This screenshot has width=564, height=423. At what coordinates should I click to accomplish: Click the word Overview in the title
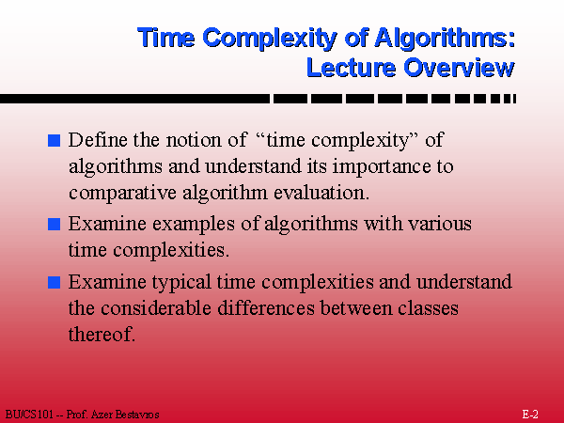click(460, 68)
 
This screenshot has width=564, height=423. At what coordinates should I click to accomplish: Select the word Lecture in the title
click(351, 68)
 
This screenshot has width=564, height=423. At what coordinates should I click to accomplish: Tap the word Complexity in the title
click(270, 39)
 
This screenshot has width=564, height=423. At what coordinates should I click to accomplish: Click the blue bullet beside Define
click(54, 140)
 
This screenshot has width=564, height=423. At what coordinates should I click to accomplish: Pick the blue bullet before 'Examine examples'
click(54, 224)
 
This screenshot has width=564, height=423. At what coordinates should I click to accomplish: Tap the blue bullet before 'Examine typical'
click(54, 282)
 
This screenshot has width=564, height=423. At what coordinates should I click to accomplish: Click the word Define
click(98, 139)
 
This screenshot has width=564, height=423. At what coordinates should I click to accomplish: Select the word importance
click(382, 166)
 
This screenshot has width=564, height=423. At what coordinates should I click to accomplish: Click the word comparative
click(122, 193)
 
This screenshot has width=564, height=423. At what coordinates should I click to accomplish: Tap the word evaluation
click(321, 193)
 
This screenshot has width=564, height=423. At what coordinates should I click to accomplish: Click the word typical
click(181, 282)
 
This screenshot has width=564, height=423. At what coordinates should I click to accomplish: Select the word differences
click(266, 308)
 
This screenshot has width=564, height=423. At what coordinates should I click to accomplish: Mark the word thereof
click(102, 335)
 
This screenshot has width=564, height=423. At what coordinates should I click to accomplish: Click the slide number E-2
click(530, 415)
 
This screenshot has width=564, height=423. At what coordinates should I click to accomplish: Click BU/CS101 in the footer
click(29, 415)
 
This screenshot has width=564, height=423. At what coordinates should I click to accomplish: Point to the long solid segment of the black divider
click(134, 99)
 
